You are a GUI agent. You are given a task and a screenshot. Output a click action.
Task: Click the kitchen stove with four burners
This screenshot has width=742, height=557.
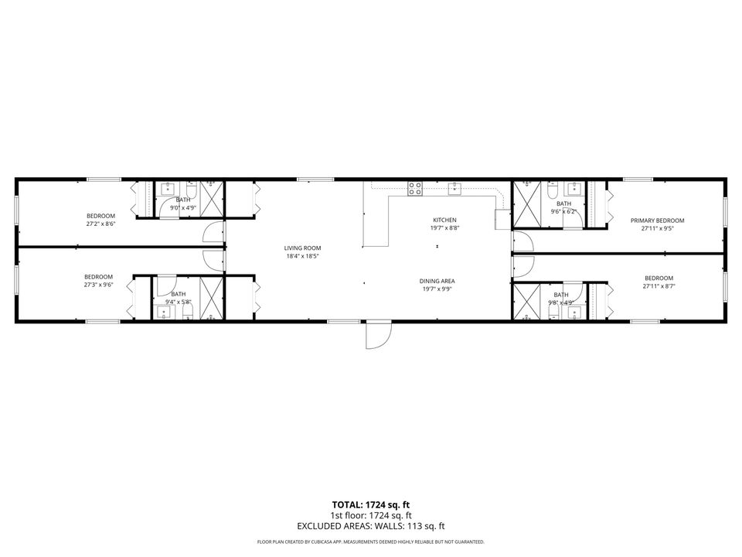click(415, 186)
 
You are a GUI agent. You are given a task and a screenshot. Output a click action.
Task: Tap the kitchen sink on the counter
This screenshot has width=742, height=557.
click(456, 186)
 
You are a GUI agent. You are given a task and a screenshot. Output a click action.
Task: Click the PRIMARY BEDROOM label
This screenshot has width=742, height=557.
click(657, 220)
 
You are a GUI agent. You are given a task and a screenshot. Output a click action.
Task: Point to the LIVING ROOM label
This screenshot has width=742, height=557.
click(302, 248)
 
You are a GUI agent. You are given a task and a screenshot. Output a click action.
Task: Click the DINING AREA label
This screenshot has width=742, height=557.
click(437, 281)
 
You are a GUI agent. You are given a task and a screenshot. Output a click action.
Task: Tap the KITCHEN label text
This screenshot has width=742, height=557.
click(444, 220)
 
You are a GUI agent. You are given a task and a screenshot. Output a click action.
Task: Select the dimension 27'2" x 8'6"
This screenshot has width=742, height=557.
click(100, 224)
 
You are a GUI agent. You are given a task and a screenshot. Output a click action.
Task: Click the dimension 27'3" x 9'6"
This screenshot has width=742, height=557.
click(99, 285)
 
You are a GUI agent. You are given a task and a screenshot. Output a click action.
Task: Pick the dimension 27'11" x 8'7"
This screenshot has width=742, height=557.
click(659, 286)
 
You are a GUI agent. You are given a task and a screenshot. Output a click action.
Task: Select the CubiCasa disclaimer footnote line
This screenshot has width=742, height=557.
click(371, 542)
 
